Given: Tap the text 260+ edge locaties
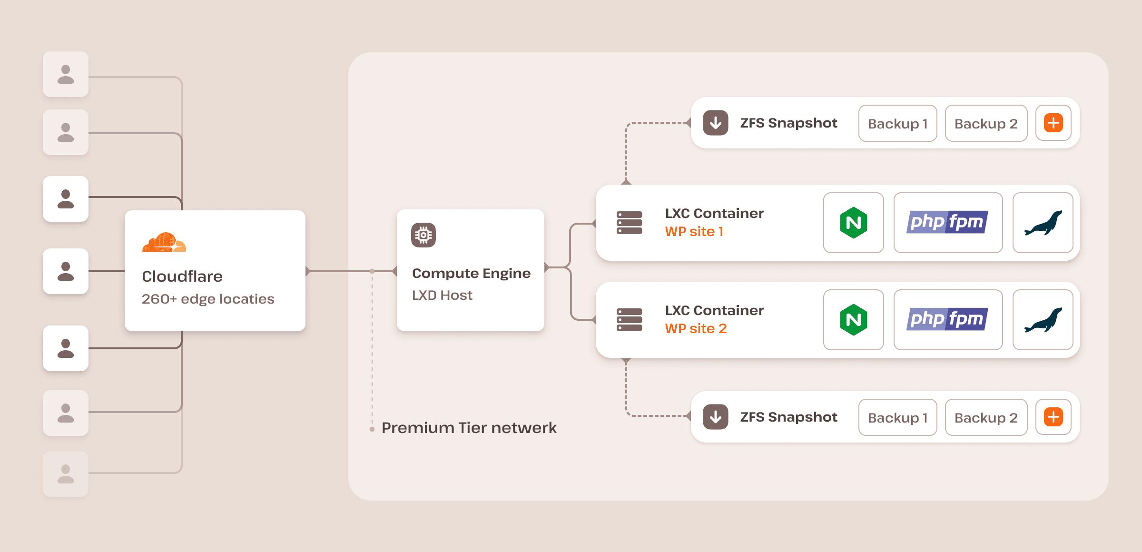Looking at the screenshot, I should point(208,299).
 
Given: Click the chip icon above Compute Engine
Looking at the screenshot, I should point(423,235).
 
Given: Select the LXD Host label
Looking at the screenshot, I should point(442,295).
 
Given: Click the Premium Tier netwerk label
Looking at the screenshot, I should point(469,428).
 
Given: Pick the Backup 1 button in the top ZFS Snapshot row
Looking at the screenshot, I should point(897,124).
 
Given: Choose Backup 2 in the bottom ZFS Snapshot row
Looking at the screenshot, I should point(986,418).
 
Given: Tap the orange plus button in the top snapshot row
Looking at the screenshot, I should point(1053,123).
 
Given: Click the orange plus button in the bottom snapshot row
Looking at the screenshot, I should point(1053,417).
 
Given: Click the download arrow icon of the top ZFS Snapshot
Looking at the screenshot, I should point(716,123).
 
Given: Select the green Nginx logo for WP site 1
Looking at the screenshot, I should point(853,223).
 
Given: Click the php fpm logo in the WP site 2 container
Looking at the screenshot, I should point(947,320).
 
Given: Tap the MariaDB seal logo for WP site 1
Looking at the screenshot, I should point(1043,223).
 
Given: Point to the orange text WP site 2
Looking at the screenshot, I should point(696,328).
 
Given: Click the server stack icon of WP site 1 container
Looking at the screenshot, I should point(629,223).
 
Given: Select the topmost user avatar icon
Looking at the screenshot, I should point(66,75).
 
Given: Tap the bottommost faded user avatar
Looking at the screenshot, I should point(66,474).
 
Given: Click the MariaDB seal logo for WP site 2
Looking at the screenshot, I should point(1043,320).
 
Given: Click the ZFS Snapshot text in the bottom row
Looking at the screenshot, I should point(788,417).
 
